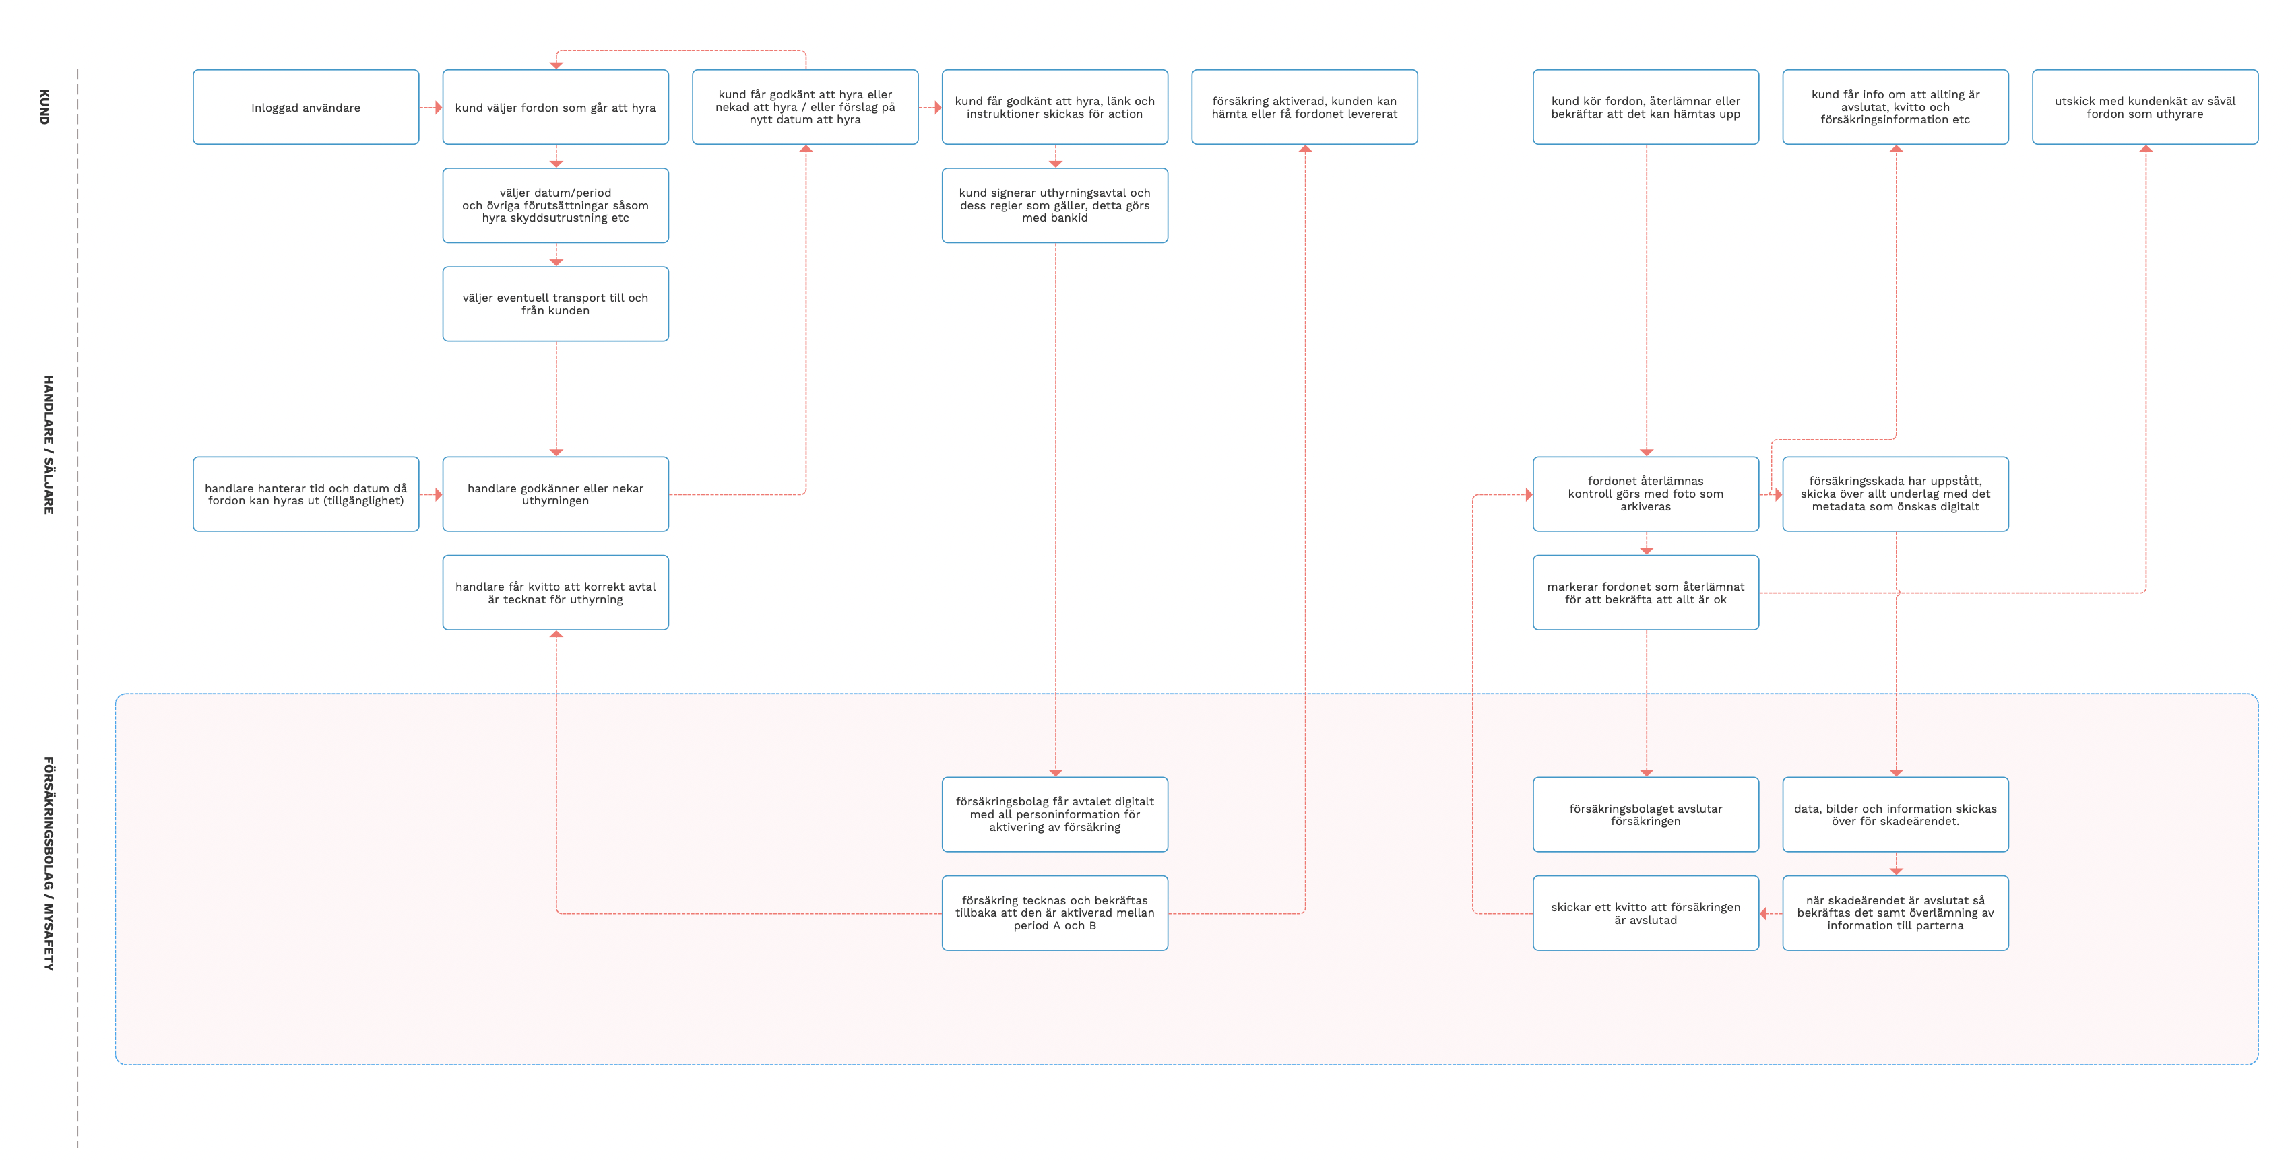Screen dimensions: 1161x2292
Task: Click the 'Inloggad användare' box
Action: click(305, 108)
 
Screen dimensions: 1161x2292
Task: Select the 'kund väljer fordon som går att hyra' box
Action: click(555, 108)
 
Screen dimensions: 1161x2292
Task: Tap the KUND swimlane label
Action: click(44, 107)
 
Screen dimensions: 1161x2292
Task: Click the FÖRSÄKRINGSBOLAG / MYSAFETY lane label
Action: click(49, 863)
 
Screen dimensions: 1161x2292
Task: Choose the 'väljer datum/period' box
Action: click(555, 205)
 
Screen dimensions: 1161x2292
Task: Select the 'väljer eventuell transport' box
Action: click(555, 304)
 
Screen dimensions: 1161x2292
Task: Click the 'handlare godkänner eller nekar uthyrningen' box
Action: click(555, 495)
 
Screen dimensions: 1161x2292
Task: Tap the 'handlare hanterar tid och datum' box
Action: click(305, 495)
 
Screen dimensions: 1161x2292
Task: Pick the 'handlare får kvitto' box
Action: click(555, 593)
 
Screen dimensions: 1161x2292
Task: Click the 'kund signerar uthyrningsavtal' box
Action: click(1054, 205)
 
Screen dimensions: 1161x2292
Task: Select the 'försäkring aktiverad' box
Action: click(1304, 108)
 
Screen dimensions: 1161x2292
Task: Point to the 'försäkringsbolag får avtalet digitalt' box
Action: click(1054, 815)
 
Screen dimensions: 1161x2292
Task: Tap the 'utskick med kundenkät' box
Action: click(2144, 108)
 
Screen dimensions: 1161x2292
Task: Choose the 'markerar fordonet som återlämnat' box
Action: click(1645, 593)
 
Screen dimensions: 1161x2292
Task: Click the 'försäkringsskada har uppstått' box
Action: click(1895, 495)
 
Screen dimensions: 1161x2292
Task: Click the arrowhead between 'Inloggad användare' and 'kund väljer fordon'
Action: click(438, 108)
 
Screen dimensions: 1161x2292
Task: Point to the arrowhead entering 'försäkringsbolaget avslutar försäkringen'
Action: click(1646, 772)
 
